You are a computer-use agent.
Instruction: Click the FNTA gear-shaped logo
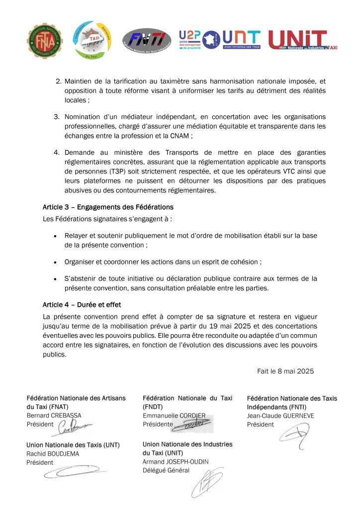45,40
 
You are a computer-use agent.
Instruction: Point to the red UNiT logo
302,40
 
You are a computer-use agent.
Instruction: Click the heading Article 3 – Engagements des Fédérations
108,207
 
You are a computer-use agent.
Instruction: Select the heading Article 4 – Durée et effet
82,305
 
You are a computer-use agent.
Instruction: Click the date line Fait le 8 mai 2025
285,371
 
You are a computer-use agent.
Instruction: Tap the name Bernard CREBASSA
54,416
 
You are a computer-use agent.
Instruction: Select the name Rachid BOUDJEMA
53,454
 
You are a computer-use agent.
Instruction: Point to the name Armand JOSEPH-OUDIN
176,462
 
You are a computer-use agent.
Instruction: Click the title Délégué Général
166,471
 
